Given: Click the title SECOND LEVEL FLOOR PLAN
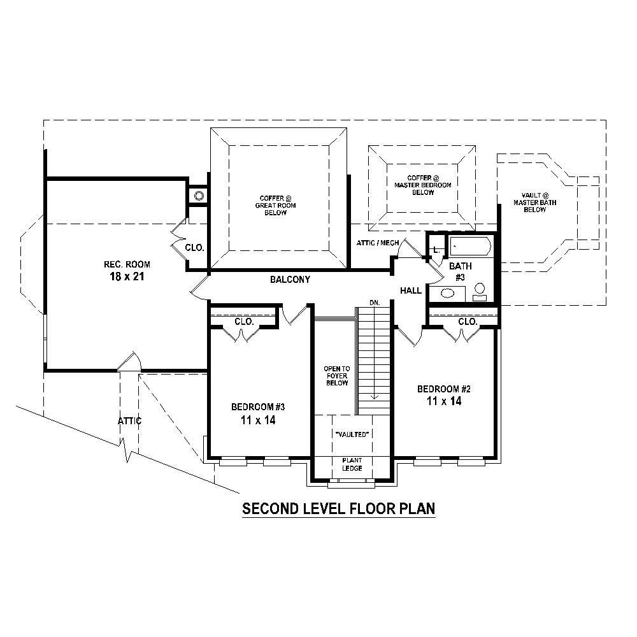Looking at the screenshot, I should (338, 509).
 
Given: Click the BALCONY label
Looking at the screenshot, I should (290, 280).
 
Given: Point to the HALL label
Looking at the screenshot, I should (411, 290).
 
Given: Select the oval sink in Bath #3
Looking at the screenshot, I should (448, 294).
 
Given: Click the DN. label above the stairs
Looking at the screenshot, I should (374, 303).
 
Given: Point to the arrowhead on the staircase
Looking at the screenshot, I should (374, 396).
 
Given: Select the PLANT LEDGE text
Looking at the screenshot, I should (352, 464).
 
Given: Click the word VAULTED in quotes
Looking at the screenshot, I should (352, 434).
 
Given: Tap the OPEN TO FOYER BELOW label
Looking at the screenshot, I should (336, 376).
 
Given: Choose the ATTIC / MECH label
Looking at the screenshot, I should (378, 243).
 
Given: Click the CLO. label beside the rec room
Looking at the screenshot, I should (194, 248).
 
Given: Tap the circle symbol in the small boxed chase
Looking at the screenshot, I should (199, 196).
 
